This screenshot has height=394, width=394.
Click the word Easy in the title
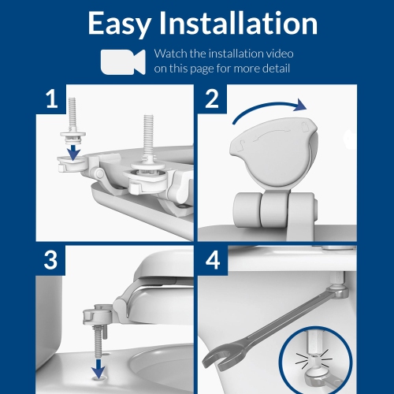[x=122, y=23]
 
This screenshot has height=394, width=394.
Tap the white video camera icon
[x=122, y=61]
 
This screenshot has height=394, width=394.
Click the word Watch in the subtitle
[x=171, y=54]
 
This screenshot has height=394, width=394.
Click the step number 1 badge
[x=51, y=100]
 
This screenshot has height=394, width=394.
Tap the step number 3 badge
[x=51, y=262]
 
